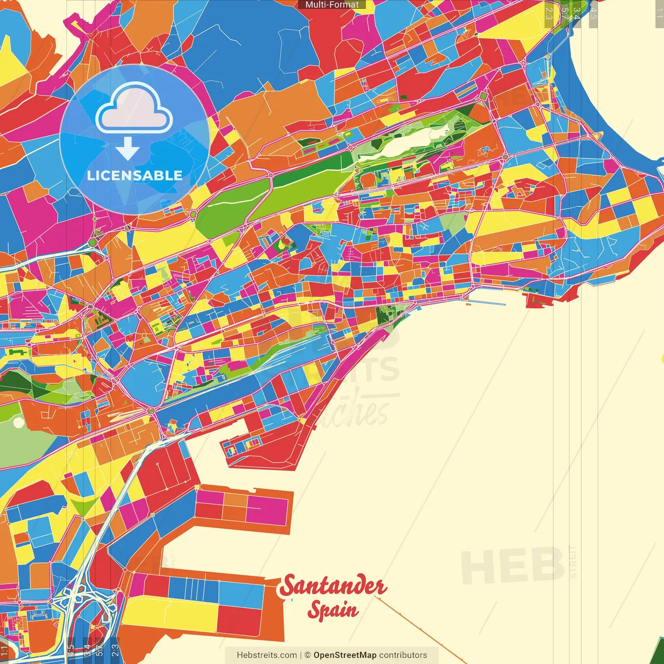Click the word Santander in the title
pos(333,586)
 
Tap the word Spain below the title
pos(333,610)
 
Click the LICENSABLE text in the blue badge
pos(135,175)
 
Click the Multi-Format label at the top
pos(332,5)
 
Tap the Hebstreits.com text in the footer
pos(267,655)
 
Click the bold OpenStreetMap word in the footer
pos(345,655)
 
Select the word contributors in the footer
pos(403,655)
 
